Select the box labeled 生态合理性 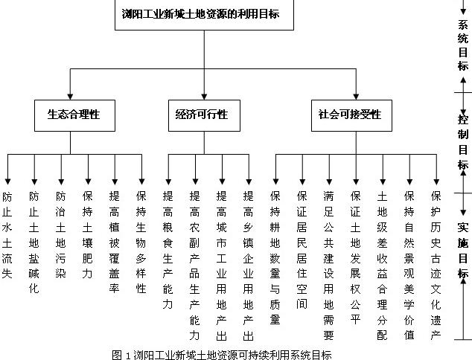pos(73,115)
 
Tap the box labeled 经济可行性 pos(202,115)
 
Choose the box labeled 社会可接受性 pos(349,115)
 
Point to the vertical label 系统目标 pos(462,44)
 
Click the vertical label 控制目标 pos(462,142)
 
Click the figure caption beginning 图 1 pos(221,354)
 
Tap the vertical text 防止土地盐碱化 pos(34,242)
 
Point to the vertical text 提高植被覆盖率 pos(114,242)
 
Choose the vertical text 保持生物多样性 pos(141,242)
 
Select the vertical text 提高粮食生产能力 pos(168,248)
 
